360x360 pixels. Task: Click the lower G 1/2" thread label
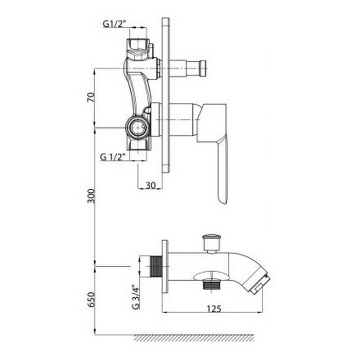[x=113, y=157]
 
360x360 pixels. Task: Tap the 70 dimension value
[x=91, y=97]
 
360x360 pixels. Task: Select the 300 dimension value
[x=91, y=196]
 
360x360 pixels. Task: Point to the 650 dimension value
[x=91, y=299]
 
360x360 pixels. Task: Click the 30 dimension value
[x=151, y=185]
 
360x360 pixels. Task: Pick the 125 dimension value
[x=214, y=309]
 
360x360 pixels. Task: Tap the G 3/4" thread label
[x=136, y=297]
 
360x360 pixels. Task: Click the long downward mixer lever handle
[x=222, y=170]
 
